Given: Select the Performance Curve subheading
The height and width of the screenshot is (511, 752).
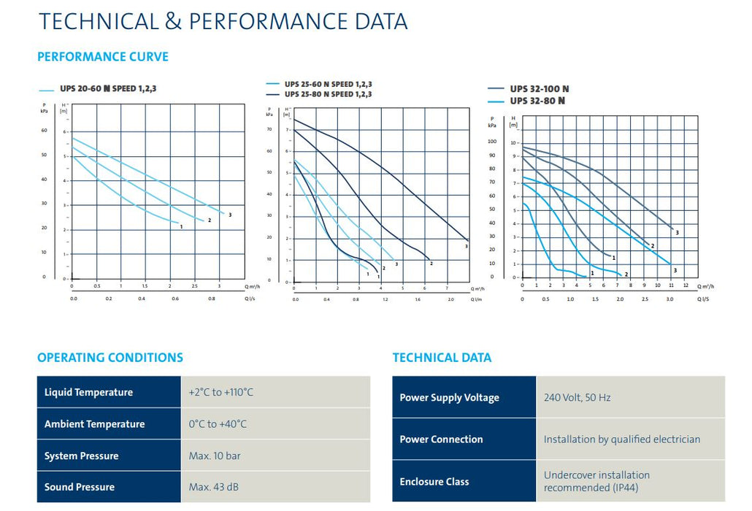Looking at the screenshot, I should coord(103,57).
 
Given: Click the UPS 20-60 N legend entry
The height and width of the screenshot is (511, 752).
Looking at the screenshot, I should coord(108,89).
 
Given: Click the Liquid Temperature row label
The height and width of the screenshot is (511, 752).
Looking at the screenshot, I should coord(88,392).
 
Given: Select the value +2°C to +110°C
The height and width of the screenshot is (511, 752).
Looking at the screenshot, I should coord(221,392).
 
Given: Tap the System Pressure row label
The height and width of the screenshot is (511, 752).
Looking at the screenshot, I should coord(81,456).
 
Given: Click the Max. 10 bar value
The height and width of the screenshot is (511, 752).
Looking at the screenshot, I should coord(215,456).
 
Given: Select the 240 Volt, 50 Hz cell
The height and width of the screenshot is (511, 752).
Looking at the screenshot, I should coord(577,398).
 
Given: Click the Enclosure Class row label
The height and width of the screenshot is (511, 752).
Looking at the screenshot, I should coord(434,482).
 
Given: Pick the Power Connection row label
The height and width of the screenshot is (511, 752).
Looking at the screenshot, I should coord(441,439).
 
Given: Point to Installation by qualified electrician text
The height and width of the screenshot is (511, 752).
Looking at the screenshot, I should coord(621,439).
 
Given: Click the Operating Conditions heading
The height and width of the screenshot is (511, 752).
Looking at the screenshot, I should coord(110,358).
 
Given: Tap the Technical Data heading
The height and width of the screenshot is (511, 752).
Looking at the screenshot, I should coord(442,358).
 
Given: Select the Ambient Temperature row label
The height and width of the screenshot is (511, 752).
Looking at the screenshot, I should coord(94,424).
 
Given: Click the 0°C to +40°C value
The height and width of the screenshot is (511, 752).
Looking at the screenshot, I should coord(218,424).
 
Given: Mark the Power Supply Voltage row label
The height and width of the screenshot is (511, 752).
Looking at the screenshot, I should coord(449,398).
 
